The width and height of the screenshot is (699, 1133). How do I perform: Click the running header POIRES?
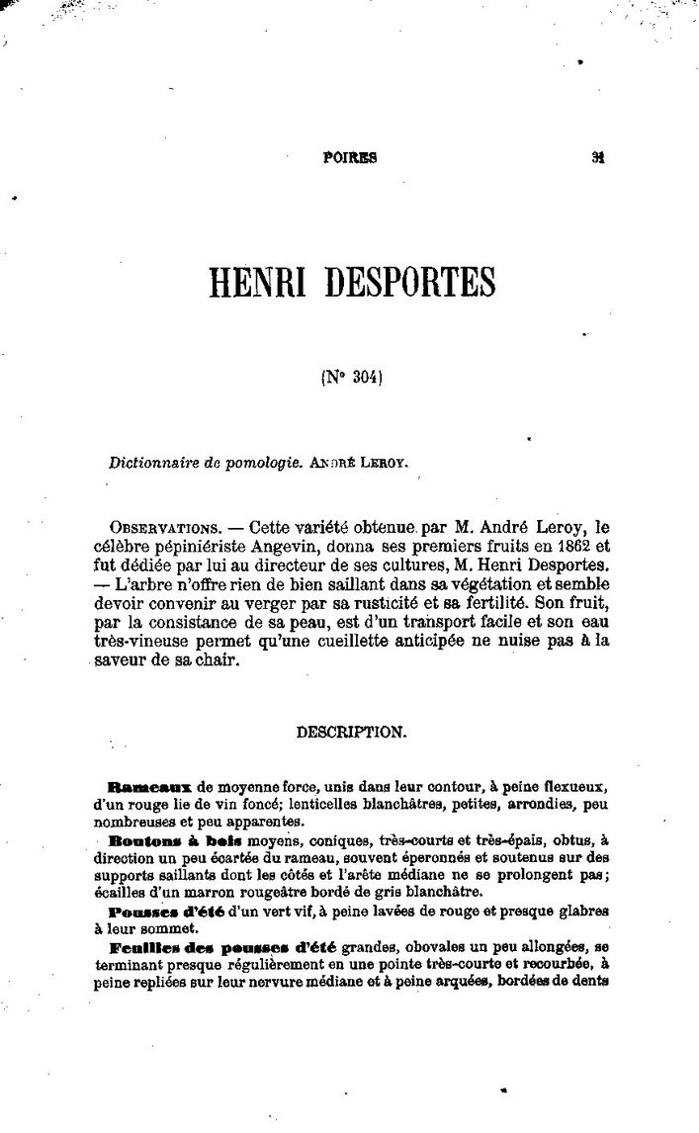pyautogui.click(x=350, y=156)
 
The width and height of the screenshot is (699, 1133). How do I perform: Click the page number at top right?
pyautogui.click(x=598, y=155)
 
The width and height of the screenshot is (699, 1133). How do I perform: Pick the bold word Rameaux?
pyautogui.click(x=150, y=788)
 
